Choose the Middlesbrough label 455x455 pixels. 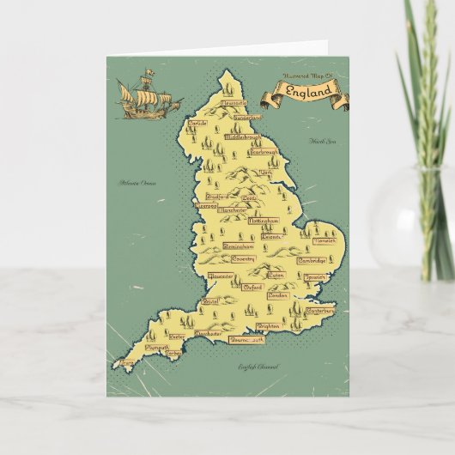[x=242, y=136]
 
